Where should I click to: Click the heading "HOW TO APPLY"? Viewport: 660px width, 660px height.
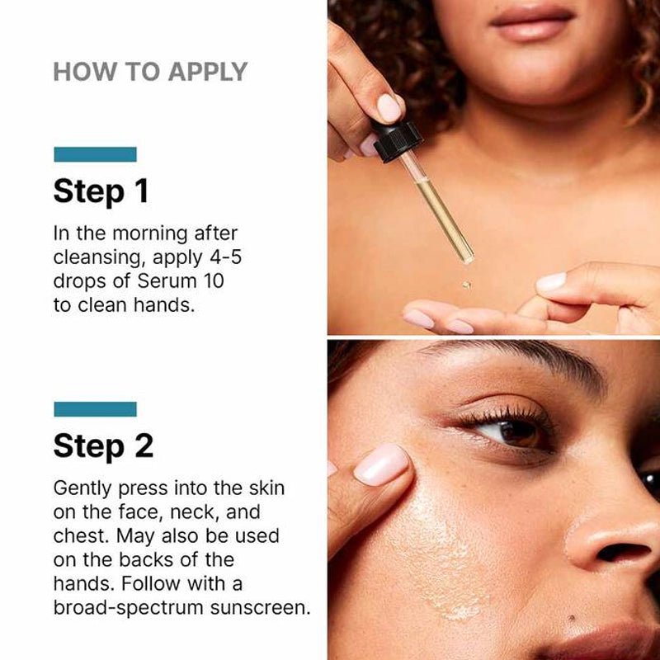pos(150,72)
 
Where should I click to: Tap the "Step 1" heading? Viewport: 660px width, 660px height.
pos(101,191)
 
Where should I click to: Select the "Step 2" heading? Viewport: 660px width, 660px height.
pos(104,446)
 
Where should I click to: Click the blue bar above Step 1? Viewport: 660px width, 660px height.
pos(95,154)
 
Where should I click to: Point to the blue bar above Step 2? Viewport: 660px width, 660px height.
pos(95,409)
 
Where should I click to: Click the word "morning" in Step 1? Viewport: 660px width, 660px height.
pos(150,234)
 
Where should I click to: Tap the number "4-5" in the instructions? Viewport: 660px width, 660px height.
pos(225,257)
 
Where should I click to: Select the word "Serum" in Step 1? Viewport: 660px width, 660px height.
pos(167,281)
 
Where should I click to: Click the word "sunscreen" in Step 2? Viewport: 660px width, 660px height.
pos(260,608)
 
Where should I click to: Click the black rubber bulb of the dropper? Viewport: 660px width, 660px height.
pos(397,141)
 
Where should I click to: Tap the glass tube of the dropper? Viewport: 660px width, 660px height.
pos(438,208)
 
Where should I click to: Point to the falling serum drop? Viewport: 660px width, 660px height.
pos(466,285)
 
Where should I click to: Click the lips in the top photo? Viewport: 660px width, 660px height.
pos(532,23)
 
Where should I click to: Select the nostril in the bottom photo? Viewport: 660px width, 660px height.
pos(622,552)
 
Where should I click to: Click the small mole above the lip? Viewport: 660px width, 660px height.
pos(571,618)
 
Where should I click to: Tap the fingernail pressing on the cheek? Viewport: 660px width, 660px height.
pos(381,464)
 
